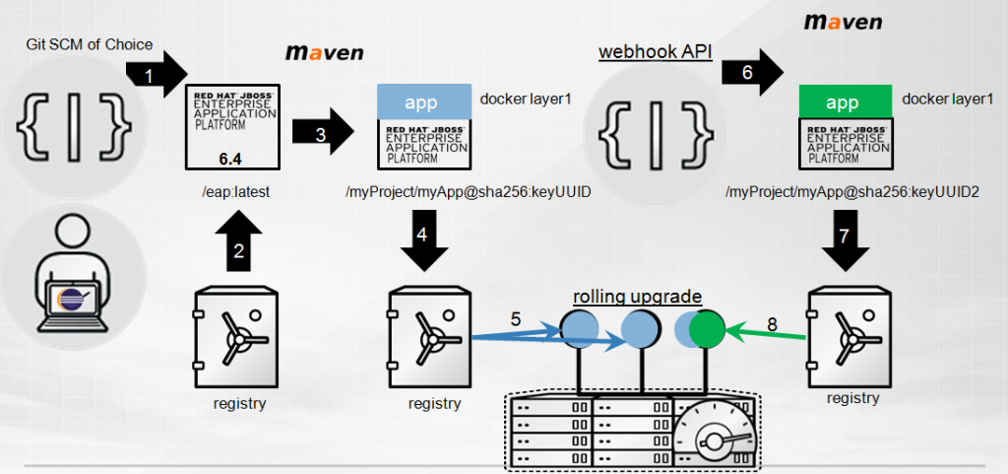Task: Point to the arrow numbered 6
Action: [x=751, y=72]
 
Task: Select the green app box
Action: [x=844, y=102]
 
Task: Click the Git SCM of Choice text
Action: [x=89, y=44]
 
